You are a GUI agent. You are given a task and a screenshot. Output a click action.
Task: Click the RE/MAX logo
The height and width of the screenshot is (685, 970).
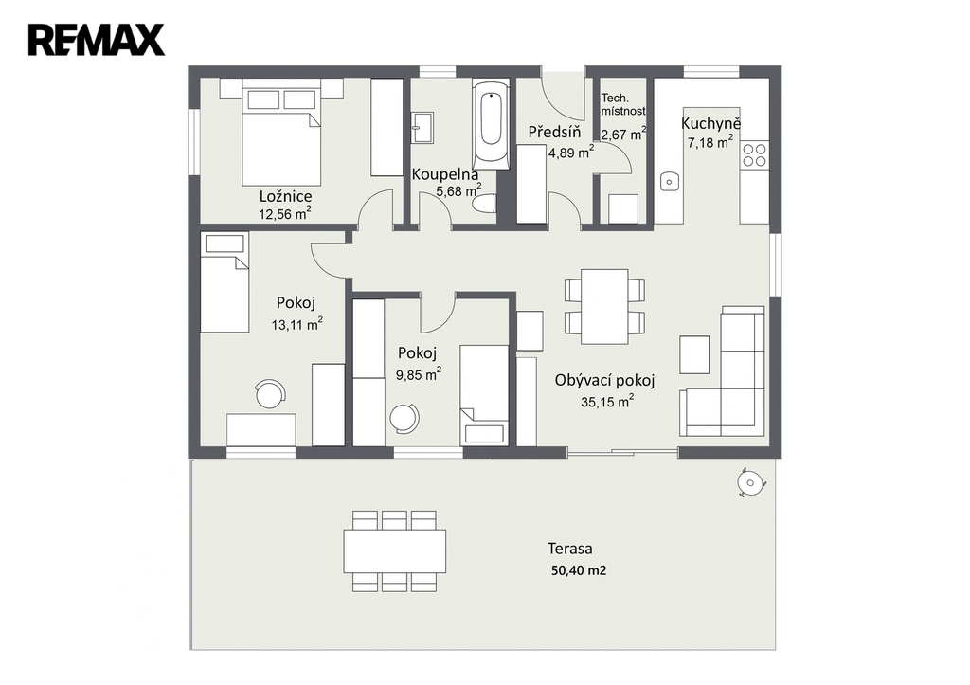click(x=97, y=40)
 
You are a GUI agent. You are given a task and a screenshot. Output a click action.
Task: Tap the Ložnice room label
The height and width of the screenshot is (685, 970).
click(x=285, y=197)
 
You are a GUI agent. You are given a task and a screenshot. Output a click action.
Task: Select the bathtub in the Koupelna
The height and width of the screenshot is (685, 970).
click(x=492, y=123)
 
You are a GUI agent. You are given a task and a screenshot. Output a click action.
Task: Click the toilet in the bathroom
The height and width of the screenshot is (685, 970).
click(x=484, y=204)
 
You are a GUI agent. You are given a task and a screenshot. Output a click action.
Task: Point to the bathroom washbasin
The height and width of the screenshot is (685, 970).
click(x=422, y=128)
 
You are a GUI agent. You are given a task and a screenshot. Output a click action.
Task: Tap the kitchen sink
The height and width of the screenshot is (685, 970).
click(x=669, y=181)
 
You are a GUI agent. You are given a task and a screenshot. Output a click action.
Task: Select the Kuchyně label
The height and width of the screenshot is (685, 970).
click(x=710, y=123)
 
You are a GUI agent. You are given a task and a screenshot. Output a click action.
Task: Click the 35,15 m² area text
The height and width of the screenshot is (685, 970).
click(x=607, y=402)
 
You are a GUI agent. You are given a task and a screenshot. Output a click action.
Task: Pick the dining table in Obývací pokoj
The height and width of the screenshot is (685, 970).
click(x=604, y=306)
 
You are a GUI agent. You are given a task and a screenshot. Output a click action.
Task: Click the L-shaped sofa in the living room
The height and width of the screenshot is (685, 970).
click(x=724, y=372)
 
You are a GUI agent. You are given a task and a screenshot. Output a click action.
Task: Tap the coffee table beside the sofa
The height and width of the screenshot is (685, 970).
click(x=694, y=354)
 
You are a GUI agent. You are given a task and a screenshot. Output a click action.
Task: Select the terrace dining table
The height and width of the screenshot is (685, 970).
click(x=395, y=550)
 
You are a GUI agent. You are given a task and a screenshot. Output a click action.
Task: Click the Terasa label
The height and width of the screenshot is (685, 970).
click(x=569, y=549)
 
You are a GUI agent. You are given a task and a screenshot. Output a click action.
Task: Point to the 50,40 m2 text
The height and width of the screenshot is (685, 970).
click(x=579, y=570)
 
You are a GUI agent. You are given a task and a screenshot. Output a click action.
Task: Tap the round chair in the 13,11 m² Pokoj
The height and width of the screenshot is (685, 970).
click(x=271, y=393)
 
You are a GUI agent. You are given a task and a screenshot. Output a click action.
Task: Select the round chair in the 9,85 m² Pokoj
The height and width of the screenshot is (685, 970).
click(x=405, y=417)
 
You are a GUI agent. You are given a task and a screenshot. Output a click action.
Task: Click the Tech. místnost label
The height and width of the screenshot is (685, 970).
click(x=623, y=104)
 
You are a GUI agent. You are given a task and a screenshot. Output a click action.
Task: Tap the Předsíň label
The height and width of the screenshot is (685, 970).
click(x=554, y=131)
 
